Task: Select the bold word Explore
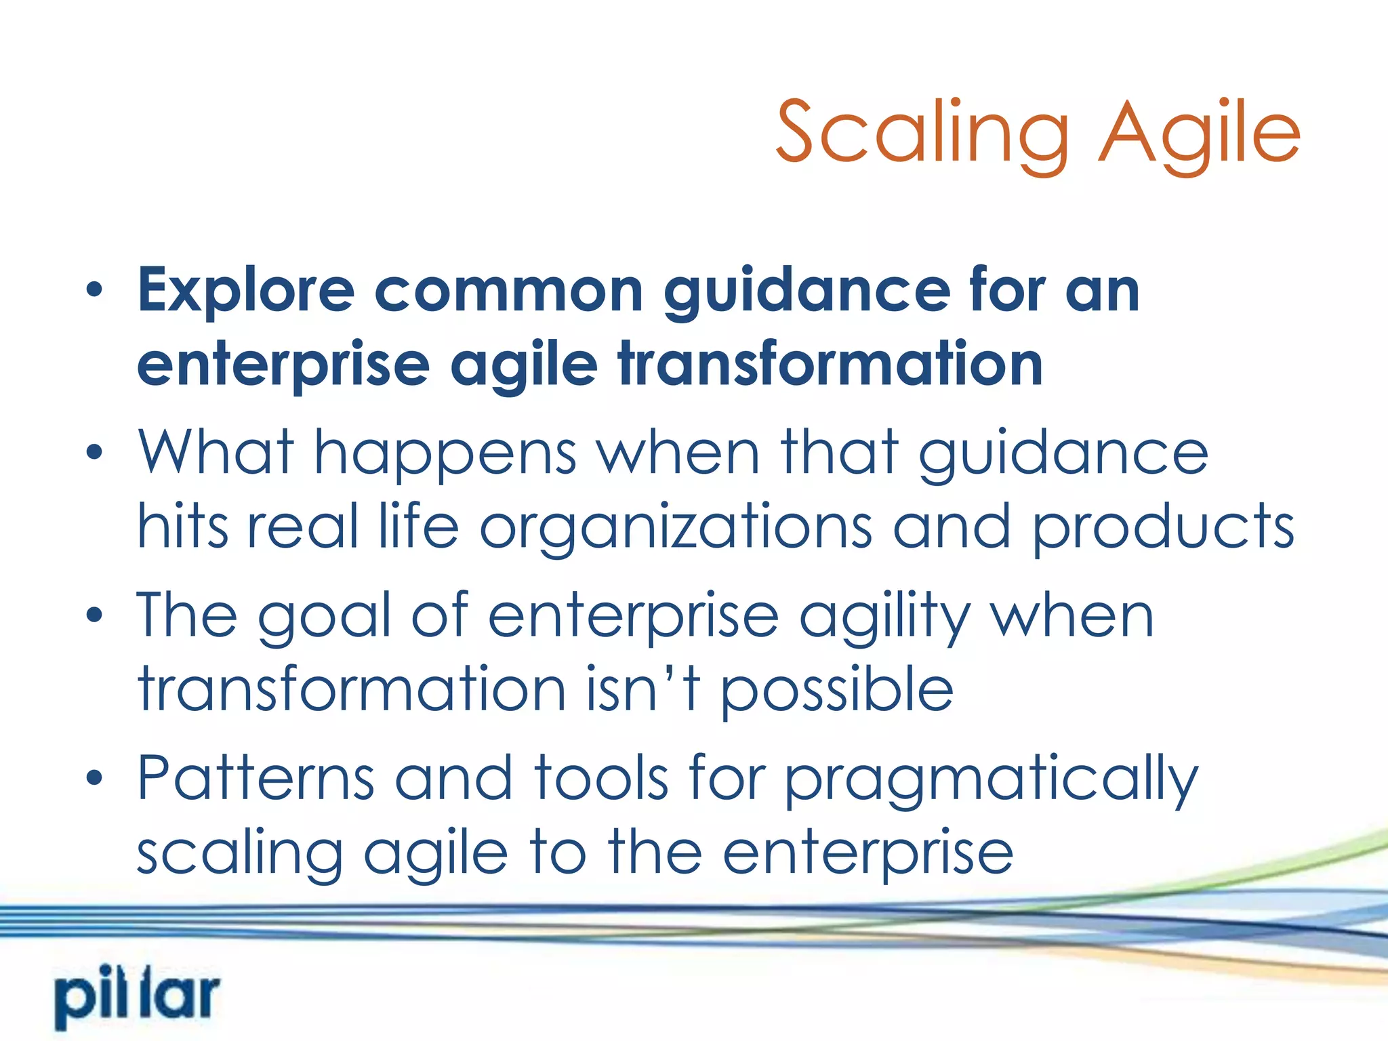point(246,291)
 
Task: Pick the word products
point(1163,529)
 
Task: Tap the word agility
point(885,617)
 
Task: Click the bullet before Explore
point(95,290)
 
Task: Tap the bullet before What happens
point(95,452)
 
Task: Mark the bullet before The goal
point(95,615)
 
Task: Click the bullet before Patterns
point(95,777)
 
